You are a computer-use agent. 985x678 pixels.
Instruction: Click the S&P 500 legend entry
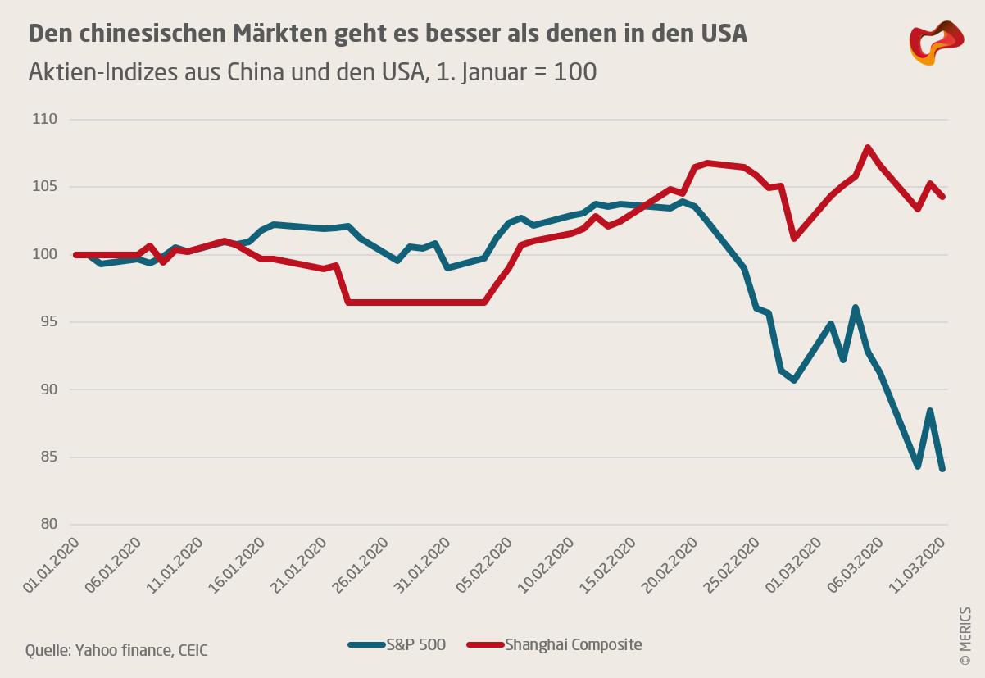point(397,645)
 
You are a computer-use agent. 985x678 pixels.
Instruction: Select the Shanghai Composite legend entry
point(554,645)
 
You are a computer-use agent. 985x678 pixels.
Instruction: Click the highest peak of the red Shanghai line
point(867,148)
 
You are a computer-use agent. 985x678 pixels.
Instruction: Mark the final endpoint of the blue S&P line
point(942,469)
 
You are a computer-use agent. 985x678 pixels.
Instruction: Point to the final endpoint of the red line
point(942,197)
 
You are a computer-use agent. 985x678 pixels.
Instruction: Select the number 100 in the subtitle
point(575,72)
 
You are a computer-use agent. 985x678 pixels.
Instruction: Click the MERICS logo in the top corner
point(937,43)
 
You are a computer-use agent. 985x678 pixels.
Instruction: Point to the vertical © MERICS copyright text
point(965,636)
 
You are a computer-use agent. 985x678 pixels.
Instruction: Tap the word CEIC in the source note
point(191,651)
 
